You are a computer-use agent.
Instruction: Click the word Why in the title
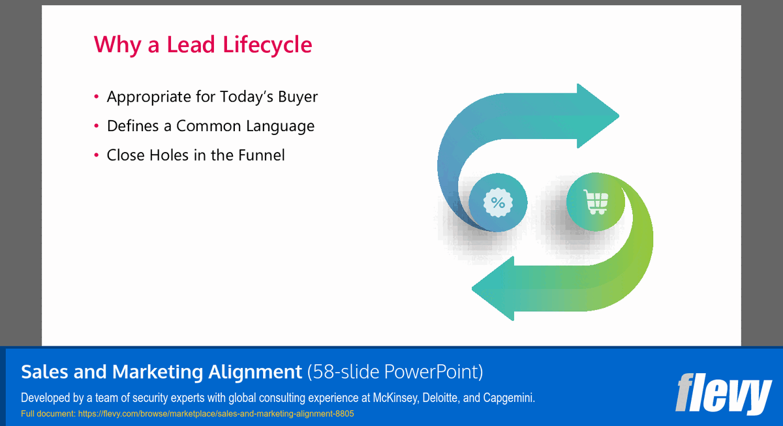(x=115, y=45)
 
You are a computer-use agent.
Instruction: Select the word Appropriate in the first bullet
(x=149, y=97)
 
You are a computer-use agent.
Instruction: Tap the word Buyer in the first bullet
(x=298, y=97)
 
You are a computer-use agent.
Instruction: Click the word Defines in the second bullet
(x=133, y=126)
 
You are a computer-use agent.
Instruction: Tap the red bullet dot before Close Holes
(x=96, y=155)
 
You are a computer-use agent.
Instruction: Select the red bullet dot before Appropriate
(x=96, y=97)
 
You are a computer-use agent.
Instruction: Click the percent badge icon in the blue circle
(x=498, y=202)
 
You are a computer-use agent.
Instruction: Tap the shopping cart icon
(x=596, y=202)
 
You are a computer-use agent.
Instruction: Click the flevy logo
(x=723, y=393)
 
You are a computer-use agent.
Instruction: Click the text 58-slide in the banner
(x=346, y=372)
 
